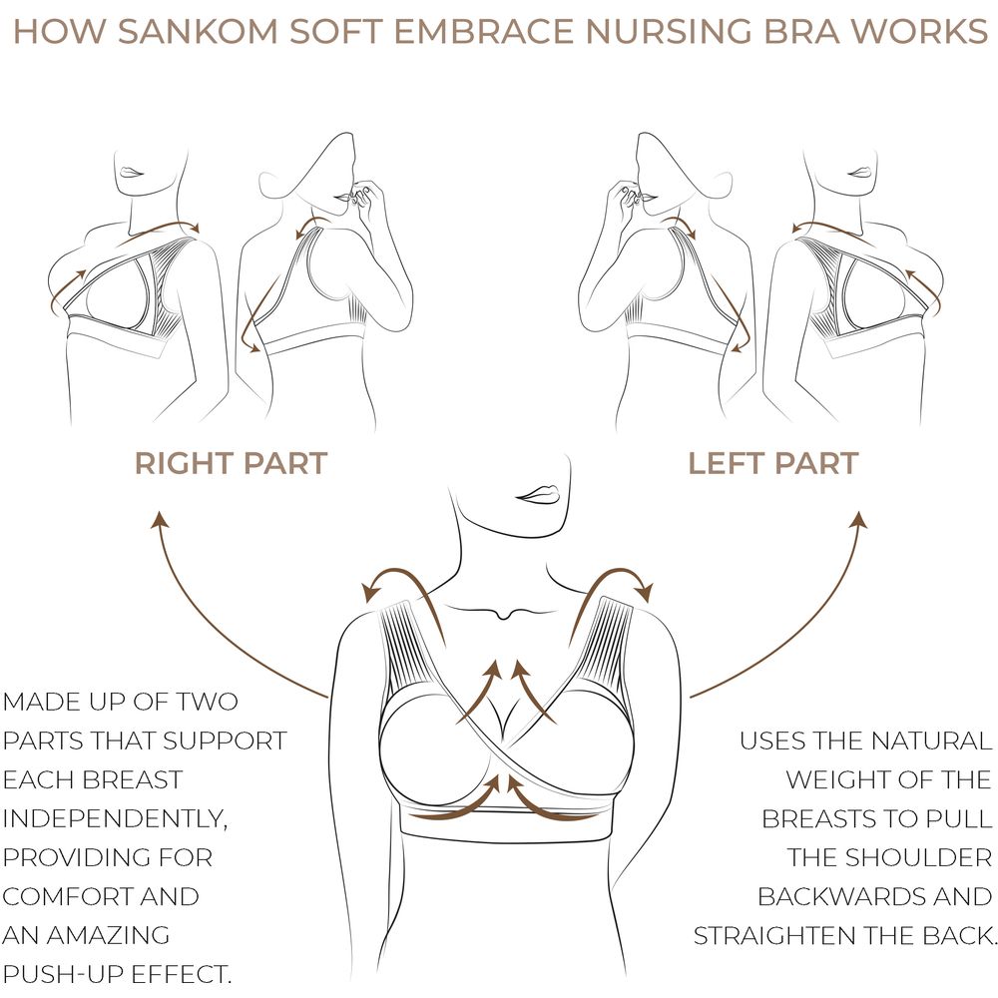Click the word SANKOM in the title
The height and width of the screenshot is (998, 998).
[x=198, y=31]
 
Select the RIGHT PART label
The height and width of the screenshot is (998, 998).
[x=232, y=463]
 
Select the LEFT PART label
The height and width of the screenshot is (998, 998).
[x=773, y=463]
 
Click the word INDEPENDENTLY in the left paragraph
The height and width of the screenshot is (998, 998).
[x=115, y=819]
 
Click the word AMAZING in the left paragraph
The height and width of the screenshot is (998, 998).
[x=108, y=936]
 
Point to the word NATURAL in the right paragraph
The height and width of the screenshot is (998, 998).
[x=931, y=741]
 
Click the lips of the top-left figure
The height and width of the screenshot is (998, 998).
[x=132, y=173]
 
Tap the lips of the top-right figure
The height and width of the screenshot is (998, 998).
[x=860, y=173]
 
